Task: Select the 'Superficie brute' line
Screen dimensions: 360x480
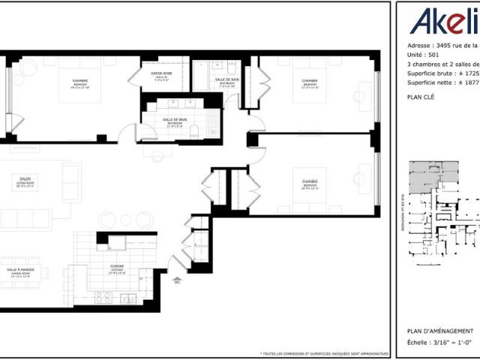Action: click(439, 73)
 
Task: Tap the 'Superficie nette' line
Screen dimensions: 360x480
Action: click(439, 84)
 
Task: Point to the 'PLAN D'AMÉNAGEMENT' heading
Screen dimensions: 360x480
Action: click(439, 331)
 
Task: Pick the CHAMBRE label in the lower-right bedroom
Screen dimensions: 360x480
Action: click(310, 182)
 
